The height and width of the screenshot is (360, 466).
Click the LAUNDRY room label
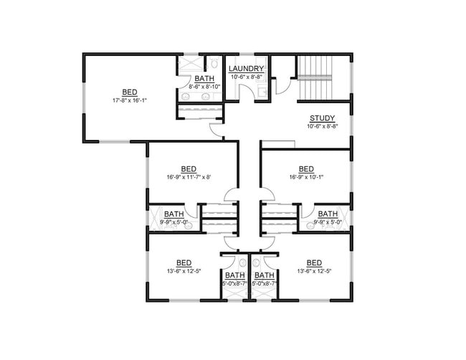coord(247,69)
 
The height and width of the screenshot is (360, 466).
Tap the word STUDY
coord(321,118)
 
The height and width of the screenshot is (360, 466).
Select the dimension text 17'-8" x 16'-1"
coord(130,100)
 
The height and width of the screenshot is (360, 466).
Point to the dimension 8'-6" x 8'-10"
coord(204,86)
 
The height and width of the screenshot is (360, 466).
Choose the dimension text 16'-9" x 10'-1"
coord(306,176)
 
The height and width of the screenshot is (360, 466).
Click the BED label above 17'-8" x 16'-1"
coord(130,92)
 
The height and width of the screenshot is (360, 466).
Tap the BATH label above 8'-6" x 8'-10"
coord(204,78)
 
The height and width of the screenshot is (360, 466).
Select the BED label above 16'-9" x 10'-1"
coord(306,169)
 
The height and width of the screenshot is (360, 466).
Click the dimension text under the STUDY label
coord(321,126)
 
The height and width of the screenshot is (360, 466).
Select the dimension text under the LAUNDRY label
coord(247,77)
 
